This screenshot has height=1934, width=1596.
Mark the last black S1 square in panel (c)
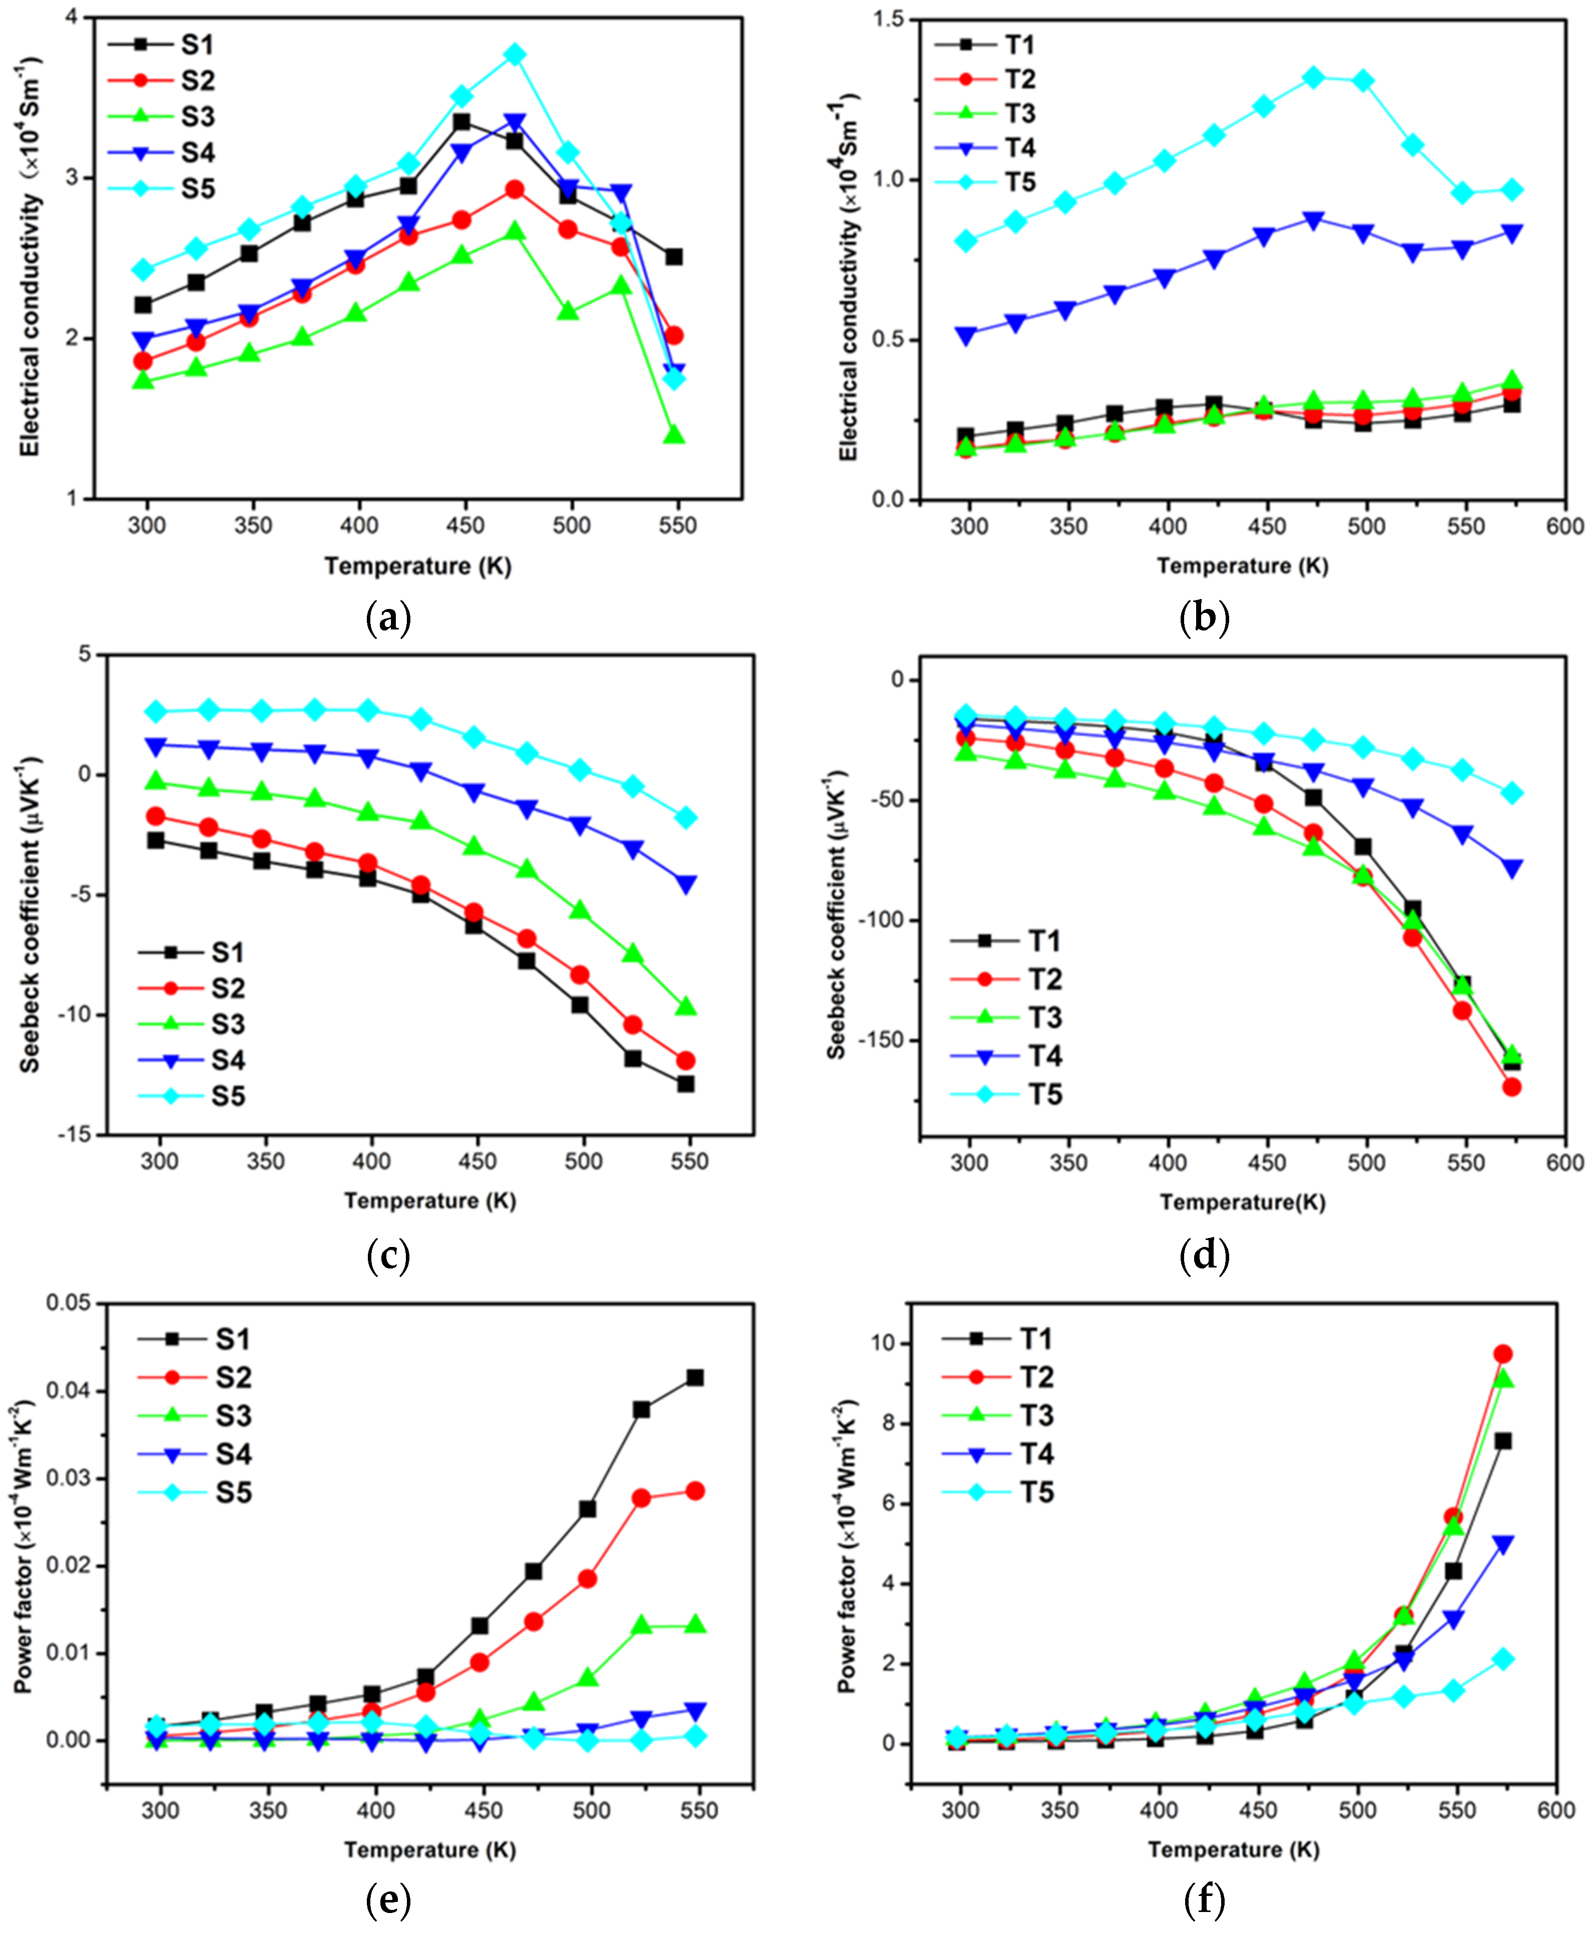click(x=686, y=1084)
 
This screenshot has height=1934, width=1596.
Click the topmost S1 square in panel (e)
click(x=695, y=1377)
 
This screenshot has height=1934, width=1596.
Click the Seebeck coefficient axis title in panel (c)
click(x=30, y=915)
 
